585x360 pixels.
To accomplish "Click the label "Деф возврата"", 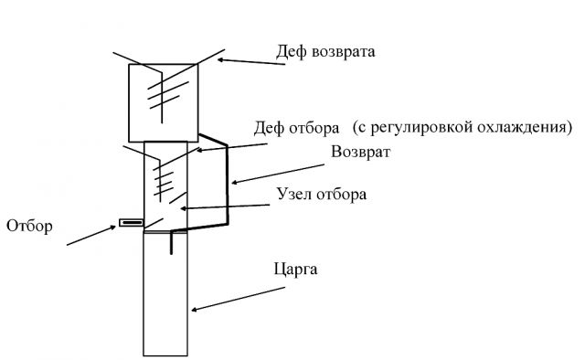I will (x=325, y=52).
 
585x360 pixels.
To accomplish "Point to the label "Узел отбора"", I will (x=320, y=194).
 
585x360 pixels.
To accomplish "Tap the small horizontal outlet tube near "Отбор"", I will (x=131, y=222).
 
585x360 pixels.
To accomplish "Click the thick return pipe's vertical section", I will (x=228, y=183).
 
